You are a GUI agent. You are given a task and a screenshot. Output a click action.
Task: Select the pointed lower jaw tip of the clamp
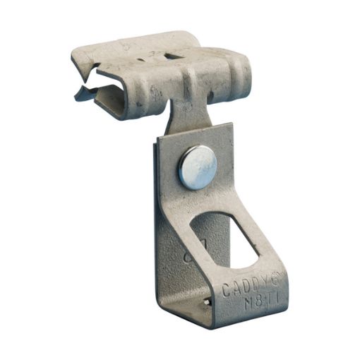point(79,95)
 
